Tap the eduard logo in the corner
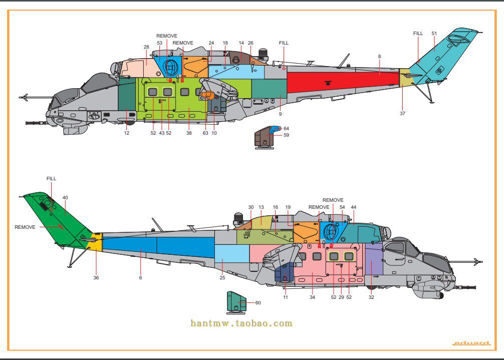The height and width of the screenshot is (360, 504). click(x=470, y=343)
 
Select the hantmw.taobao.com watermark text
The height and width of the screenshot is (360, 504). click(x=241, y=323)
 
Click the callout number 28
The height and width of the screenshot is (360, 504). click(x=146, y=47)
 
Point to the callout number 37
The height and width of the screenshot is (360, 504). click(x=402, y=114)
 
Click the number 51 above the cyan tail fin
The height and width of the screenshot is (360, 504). click(x=434, y=34)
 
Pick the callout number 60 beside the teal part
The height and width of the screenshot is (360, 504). click(x=258, y=303)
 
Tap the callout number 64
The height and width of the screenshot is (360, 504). click(x=286, y=129)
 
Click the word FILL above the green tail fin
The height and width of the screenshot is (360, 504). click(x=51, y=178)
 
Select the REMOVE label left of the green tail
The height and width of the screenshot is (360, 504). click(x=25, y=227)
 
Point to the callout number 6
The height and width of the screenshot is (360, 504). click(x=140, y=277)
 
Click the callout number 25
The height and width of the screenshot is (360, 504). click(x=222, y=277)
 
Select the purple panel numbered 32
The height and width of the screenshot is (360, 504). click(x=374, y=260)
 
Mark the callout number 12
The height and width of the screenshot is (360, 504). click(x=126, y=133)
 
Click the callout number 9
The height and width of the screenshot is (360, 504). click(x=280, y=114)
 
